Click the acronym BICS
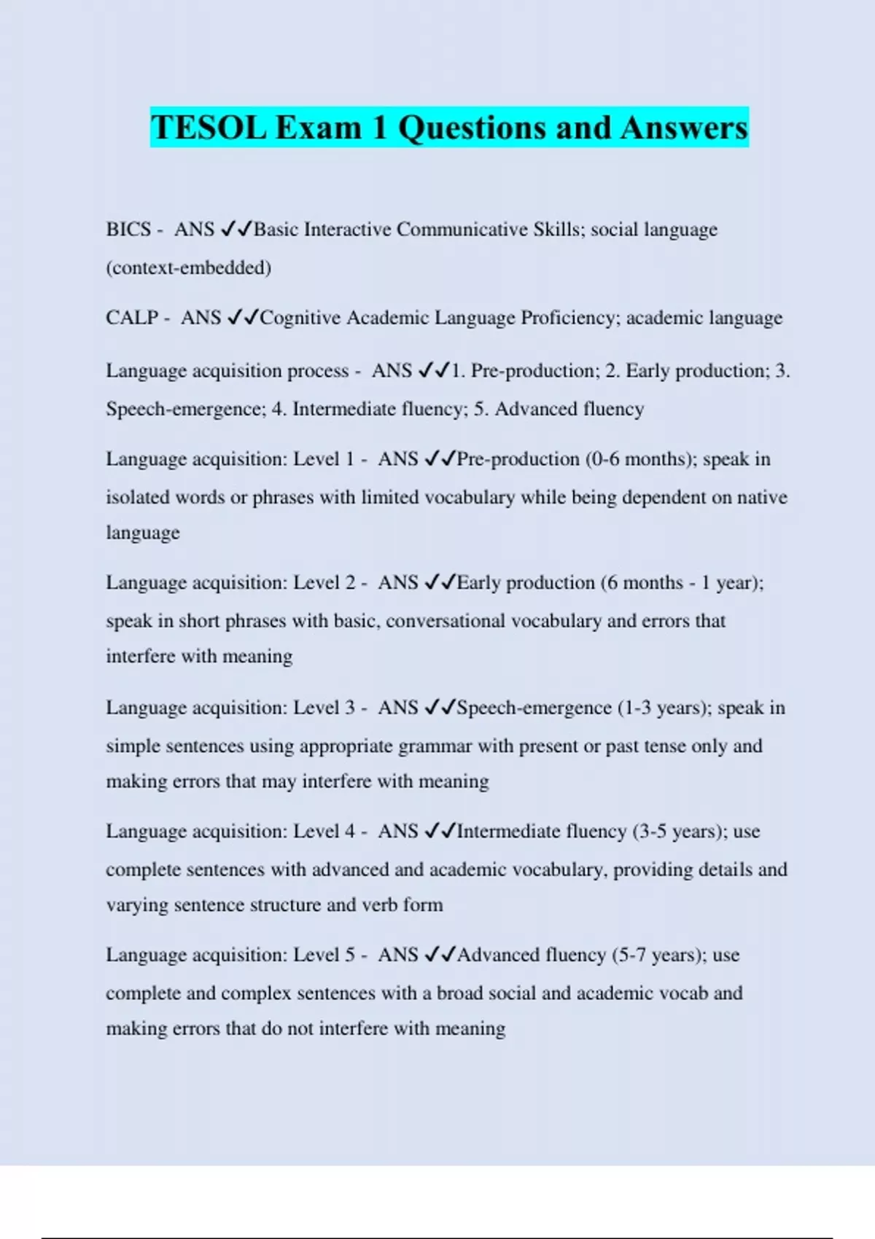[x=128, y=230]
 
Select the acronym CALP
[x=132, y=318]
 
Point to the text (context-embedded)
[x=189, y=267]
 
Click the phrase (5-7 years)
[x=658, y=955]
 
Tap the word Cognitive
[x=300, y=318]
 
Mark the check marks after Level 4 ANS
[x=440, y=832]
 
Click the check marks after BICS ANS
[x=236, y=230]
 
